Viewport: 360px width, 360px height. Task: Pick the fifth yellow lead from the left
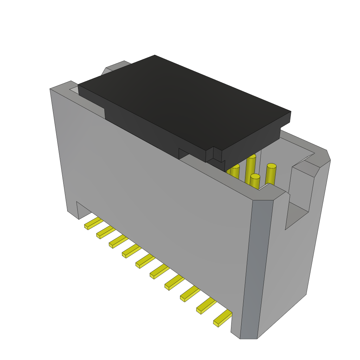coord(145,261)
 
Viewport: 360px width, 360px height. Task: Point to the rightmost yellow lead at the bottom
coord(222,318)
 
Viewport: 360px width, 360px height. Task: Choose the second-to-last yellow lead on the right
coord(206,306)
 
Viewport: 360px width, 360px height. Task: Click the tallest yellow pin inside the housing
coord(251,165)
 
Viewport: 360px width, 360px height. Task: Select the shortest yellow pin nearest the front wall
coord(255,181)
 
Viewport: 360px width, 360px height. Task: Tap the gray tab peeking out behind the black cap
coord(116,67)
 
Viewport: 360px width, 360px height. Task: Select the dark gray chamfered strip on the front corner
coord(257,267)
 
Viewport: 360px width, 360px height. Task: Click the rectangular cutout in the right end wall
coord(299,197)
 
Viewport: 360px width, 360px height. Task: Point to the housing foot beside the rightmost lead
coord(236,327)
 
